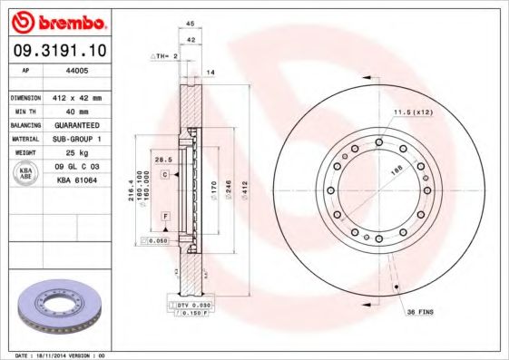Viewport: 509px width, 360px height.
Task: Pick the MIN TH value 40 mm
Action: pyautogui.click(x=72, y=111)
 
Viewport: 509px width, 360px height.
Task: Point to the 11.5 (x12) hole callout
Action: pyautogui.click(x=411, y=112)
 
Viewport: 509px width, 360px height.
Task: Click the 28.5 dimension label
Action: pyautogui.click(x=164, y=160)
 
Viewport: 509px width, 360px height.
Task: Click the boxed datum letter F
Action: pyautogui.click(x=165, y=215)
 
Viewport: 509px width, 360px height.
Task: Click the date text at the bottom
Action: pyautogui.click(x=54, y=355)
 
